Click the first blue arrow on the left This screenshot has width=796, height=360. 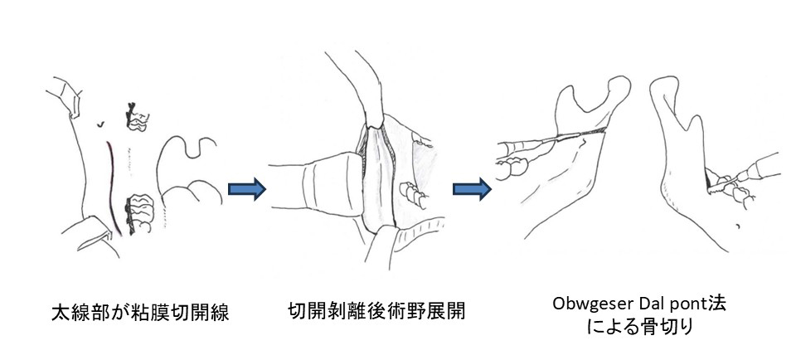[x=247, y=189]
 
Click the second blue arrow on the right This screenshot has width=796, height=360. [x=472, y=189]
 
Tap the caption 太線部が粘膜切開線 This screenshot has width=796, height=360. [x=140, y=313]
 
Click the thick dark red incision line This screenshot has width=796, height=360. [x=113, y=187]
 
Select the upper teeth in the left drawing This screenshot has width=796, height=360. [x=136, y=117]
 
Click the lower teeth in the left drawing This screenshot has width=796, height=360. [x=139, y=212]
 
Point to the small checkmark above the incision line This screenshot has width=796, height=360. [x=102, y=123]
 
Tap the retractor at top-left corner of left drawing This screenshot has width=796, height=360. [x=65, y=96]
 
